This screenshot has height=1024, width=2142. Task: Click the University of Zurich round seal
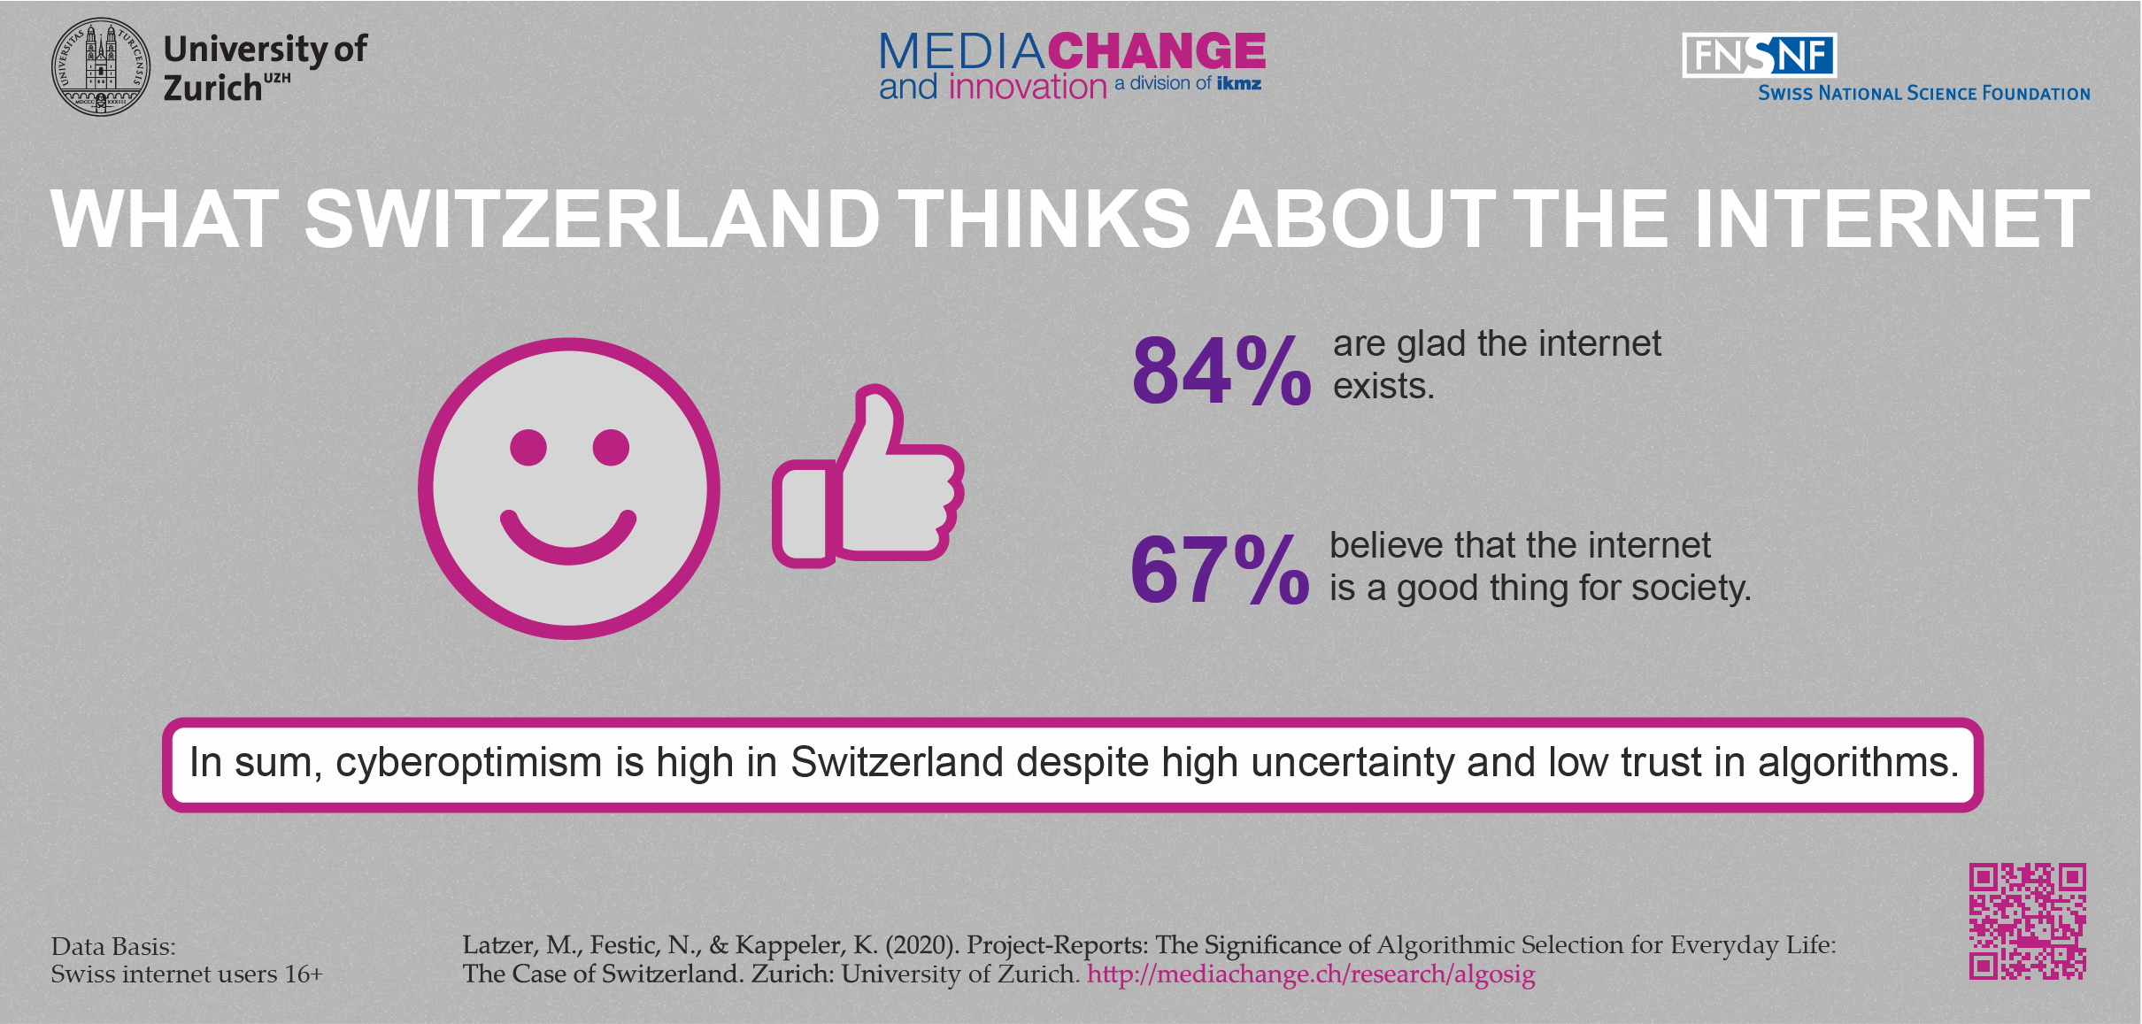tap(101, 66)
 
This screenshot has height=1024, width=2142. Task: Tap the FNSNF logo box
tap(1759, 56)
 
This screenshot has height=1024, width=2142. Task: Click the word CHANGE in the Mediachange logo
tap(1157, 51)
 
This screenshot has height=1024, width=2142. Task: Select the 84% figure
tap(1221, 371)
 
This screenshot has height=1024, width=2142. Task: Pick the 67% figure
tap(1219, 570)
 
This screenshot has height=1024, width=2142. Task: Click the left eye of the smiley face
tap(528, 447)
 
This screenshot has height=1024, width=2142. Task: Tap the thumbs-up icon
tap(867, 478)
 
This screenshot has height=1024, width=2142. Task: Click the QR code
tap(2027, 921)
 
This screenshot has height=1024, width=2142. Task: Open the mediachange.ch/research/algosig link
tap(1311, 974)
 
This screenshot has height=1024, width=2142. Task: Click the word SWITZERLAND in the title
tap(591, 219)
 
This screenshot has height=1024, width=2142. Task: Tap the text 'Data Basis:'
tap(113, 947)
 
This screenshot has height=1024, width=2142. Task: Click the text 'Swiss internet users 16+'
tap(187, 974)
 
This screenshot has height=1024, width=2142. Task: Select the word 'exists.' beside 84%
tap(1383, 387)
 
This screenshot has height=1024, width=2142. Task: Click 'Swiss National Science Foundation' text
tap(1923, 94)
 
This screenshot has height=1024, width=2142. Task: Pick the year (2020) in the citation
tap(921, 945)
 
